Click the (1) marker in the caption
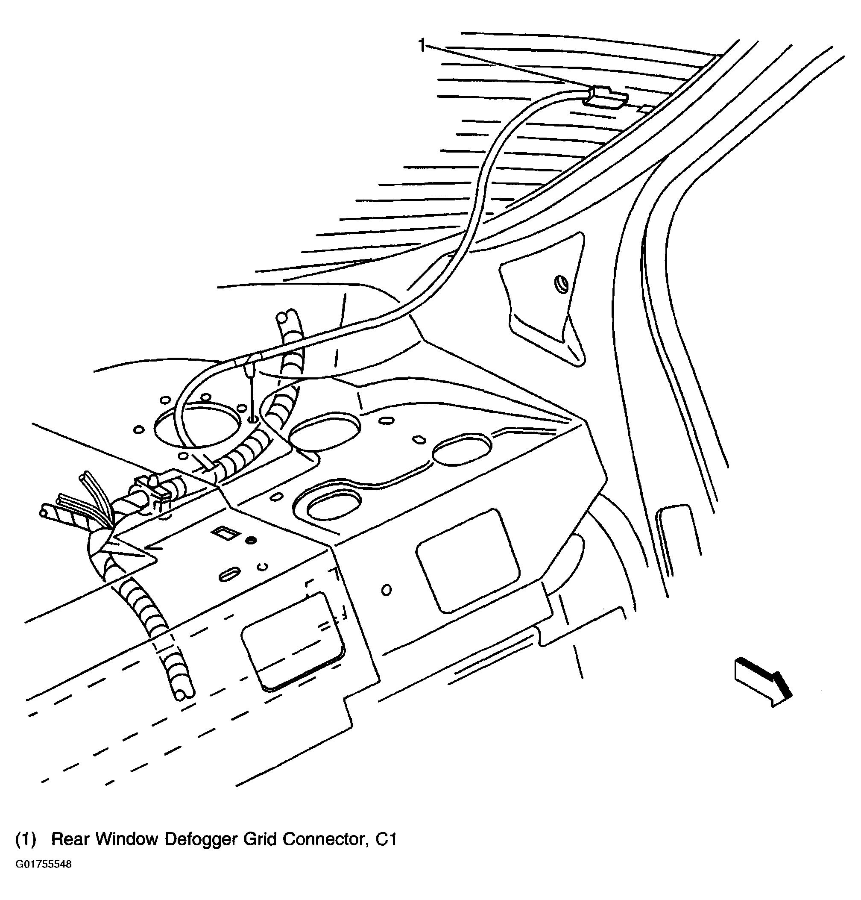(x=26, y=839)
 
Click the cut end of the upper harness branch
(x=285, y=317)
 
